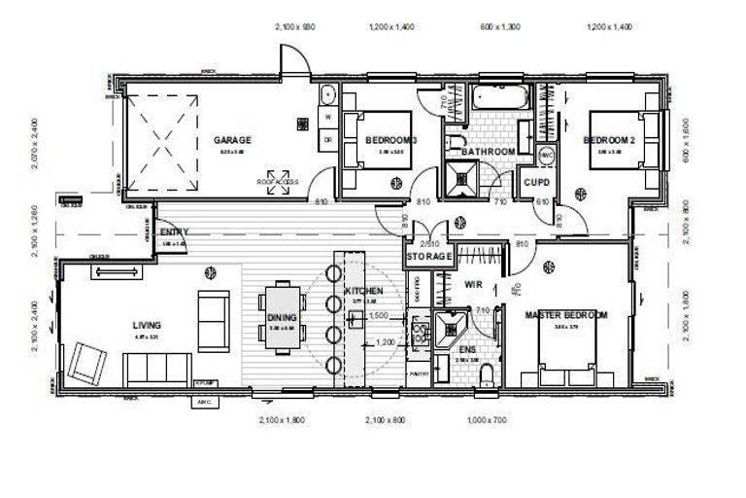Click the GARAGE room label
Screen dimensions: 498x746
(x=232, y=140)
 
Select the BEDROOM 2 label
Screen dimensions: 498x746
(x=609, y=140)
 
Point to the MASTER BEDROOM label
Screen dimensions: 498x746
(x=566, y=315)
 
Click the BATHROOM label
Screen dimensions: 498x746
(x=488, y=153)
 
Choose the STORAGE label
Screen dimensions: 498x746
(x=428, y=256)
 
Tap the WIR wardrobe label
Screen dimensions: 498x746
(x=474, y=285)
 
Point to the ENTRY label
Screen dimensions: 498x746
(x=174, y=231)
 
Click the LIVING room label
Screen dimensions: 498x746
(x=147, y=325)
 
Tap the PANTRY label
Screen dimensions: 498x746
(x=419, y=373)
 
